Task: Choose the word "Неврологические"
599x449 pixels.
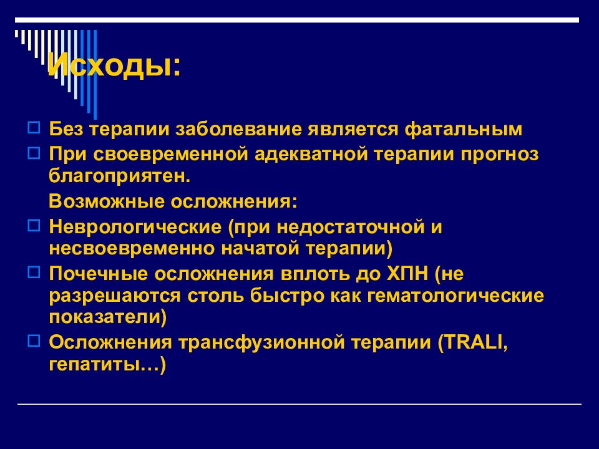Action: (x=134, y=226)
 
